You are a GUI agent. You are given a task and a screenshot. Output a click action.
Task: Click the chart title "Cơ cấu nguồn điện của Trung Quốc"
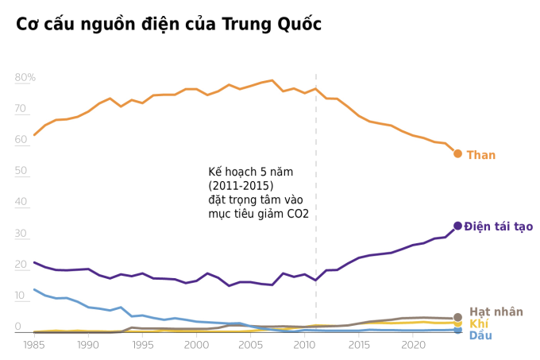(168, 25)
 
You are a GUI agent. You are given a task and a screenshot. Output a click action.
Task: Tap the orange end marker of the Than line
(457, 153)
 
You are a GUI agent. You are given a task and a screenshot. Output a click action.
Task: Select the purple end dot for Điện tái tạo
(457, 226)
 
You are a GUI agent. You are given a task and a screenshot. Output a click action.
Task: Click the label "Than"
(480, 155)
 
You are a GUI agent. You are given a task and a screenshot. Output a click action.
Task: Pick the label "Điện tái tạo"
(499, 226)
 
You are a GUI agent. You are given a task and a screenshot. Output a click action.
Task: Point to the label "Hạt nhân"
(496, 312)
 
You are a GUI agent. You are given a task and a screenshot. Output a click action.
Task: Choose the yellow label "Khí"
(478, 323)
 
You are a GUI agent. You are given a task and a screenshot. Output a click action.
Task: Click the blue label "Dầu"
(480, 335)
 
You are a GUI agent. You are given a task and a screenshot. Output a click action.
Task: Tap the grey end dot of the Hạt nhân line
(457, 317)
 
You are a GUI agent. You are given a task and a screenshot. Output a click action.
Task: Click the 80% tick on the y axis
(25, 77)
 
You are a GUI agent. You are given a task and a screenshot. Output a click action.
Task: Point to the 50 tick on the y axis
(21, 171)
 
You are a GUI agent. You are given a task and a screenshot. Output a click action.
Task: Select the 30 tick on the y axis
(21, 234)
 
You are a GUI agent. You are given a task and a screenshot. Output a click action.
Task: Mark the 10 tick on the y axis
(21, 296)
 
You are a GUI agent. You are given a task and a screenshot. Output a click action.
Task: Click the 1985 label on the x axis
(34, 345)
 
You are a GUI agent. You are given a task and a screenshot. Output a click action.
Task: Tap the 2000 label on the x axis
(196, 345)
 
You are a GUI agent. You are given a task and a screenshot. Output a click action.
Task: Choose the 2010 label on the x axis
(305, 345)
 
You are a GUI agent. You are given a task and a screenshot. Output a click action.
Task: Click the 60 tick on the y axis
(21, 140)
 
